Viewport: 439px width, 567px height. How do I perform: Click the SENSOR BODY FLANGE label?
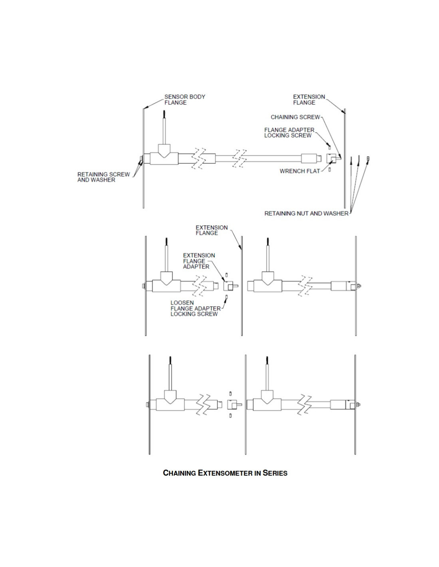coord(185,99)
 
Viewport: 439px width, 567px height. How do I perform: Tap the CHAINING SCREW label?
coord(295,117)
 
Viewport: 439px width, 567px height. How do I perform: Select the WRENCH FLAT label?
coord(300,171)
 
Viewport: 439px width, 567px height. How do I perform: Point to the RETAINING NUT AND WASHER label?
coord(307,213)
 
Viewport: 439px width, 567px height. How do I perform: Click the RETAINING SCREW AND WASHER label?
coord(103,177)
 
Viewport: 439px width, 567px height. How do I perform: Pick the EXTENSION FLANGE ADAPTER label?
coord(199,261)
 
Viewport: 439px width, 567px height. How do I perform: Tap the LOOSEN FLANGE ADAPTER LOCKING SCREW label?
coord(196,308)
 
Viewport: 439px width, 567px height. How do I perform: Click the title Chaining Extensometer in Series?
coord(225,473)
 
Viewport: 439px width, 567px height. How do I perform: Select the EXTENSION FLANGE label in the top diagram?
coord(309,99)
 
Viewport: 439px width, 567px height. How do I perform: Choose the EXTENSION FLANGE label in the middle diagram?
coord(212,230)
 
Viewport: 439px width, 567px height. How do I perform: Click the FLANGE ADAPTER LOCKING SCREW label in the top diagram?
coord(289,132)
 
